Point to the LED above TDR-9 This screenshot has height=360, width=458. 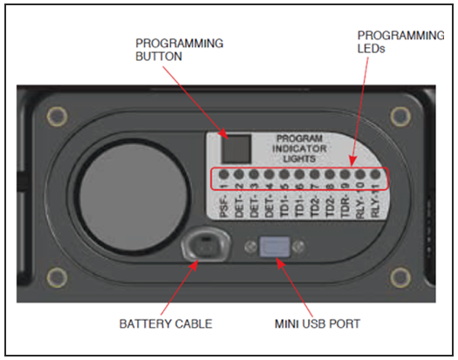point(345,174)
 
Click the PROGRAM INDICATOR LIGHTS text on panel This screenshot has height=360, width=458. point(300,146)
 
